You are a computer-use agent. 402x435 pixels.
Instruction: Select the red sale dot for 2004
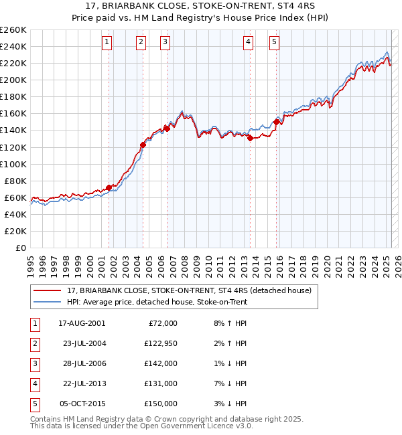point(143,145)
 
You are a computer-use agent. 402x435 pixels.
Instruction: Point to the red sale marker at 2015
point(276,122)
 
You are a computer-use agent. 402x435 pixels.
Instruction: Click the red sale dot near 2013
point(250,138)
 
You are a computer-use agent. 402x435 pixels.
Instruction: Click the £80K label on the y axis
point(16,181)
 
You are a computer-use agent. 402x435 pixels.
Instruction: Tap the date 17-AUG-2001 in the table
point(82,323)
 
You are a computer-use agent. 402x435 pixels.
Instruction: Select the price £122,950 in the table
point(161,343)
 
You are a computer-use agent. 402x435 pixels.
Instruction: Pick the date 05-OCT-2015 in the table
point(82,404)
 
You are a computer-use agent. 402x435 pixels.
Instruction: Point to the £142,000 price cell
point(161,363)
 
